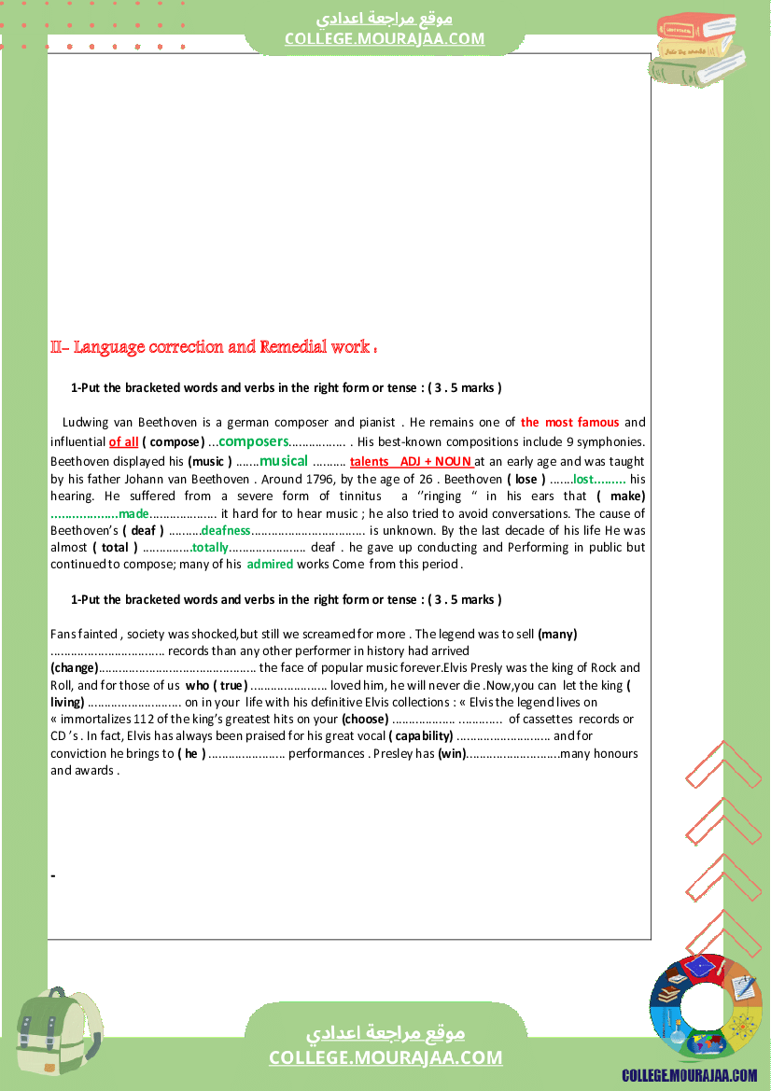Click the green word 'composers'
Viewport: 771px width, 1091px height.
pyautogui.click(x=254, y=441)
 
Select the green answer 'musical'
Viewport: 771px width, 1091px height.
pyautogui.click(x=284, y=461)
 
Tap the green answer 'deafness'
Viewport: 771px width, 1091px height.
pyautogui.click(x=226, y=530)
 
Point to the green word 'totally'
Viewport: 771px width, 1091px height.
pyautogui.click(x=210, y=548)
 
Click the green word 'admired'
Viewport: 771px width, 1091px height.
pyautogui.click(x=270, y=564)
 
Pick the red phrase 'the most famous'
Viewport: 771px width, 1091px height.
pyautogui.click(x=569, y=423)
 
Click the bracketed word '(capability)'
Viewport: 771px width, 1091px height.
pyautogui.click(x=421, y=736)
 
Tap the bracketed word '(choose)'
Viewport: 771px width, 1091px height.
pyautogui.click(x=365, y=719)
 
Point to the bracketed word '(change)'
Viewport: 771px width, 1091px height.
pyautogui.click(x=74, y=667)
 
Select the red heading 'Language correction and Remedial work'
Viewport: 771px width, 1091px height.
pyautogui.click(x=221, y=347)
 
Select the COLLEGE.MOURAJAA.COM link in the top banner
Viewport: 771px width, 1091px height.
pyautogui.click(x=385, y=38)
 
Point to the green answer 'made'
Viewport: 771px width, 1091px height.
pyautogui.click(x=133, y=513)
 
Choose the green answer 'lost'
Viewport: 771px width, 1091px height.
pyautogui.click(x=584, y=479)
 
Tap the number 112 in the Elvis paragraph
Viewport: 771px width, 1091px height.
pyautogui.click(x=117, y=719)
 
